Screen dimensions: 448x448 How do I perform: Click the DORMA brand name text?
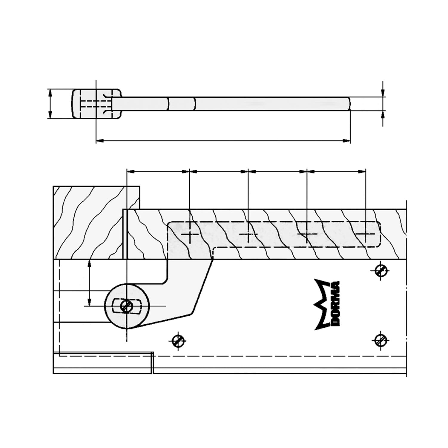point(334,303)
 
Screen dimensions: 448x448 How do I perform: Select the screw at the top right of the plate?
point(381,271)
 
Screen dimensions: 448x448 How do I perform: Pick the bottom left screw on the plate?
point(178,340)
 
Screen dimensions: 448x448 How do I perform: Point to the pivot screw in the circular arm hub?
point(127,306)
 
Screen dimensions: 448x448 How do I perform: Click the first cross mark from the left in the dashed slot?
point(190,234)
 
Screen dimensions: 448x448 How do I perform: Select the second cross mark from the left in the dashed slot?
point(248,234)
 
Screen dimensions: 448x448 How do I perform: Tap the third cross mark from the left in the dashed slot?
point(307,234)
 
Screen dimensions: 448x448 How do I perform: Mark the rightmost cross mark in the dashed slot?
point(366,234)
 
